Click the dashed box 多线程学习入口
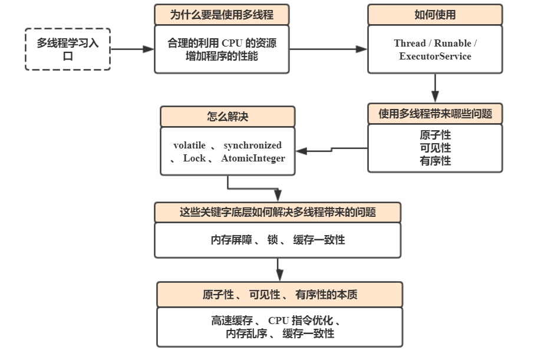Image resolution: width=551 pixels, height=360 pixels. (x=68, y=49)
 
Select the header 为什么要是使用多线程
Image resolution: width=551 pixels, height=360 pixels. (x=222, y=15)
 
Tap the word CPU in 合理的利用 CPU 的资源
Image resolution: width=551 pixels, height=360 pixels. (x=231, y=44)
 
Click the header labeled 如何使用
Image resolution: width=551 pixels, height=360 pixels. (x=435, y=15)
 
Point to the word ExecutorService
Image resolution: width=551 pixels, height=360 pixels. (x=435, y=57)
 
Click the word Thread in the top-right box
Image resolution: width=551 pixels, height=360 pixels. (x=410, y=44)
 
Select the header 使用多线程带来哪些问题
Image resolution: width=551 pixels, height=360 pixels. (x=435, y=114)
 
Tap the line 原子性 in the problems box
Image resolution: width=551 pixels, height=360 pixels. (x=435, y=136)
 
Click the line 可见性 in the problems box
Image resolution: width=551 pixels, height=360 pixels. (x=435, y=148)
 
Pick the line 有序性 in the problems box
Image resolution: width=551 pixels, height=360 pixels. (x=435, y=160)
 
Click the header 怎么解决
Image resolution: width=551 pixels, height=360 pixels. (x=227, y=117)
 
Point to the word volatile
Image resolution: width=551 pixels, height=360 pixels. (x=189, y=146)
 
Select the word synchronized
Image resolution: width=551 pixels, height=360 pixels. (x=252, y=146)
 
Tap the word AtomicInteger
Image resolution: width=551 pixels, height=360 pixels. (x=253, y=158)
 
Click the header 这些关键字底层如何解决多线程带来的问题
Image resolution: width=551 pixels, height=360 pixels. (x=278, y=212)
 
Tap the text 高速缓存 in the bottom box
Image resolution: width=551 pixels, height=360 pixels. (x=232, y=321)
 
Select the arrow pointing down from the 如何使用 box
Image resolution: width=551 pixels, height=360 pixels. (x=435, y=88)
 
